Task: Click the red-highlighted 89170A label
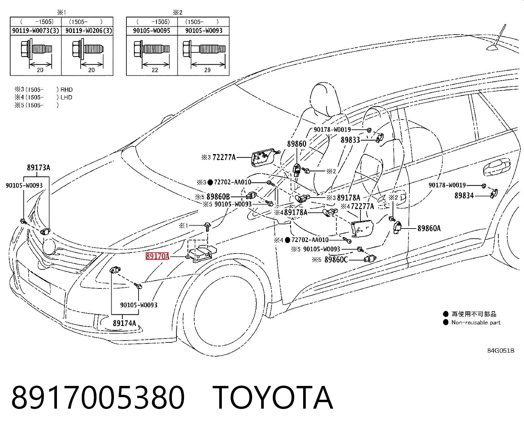(157, 256)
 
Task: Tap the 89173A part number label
(39, 168)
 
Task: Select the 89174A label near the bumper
(124, 323)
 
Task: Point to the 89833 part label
(350, 140)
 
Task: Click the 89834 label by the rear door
(464, 195)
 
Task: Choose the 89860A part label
(429, 228)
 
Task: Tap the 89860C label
(336, 260)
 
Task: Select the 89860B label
(218, 197)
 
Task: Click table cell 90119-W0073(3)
(36, 31)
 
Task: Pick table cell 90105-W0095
(152, 31)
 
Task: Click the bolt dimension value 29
(207, 70)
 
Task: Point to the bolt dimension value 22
(155, 70)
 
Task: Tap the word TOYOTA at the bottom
(273, 398)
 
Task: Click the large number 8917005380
(98, 398)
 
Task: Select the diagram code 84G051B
(501, 351)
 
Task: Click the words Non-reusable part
(476, 323)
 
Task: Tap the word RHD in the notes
(66, 90)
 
